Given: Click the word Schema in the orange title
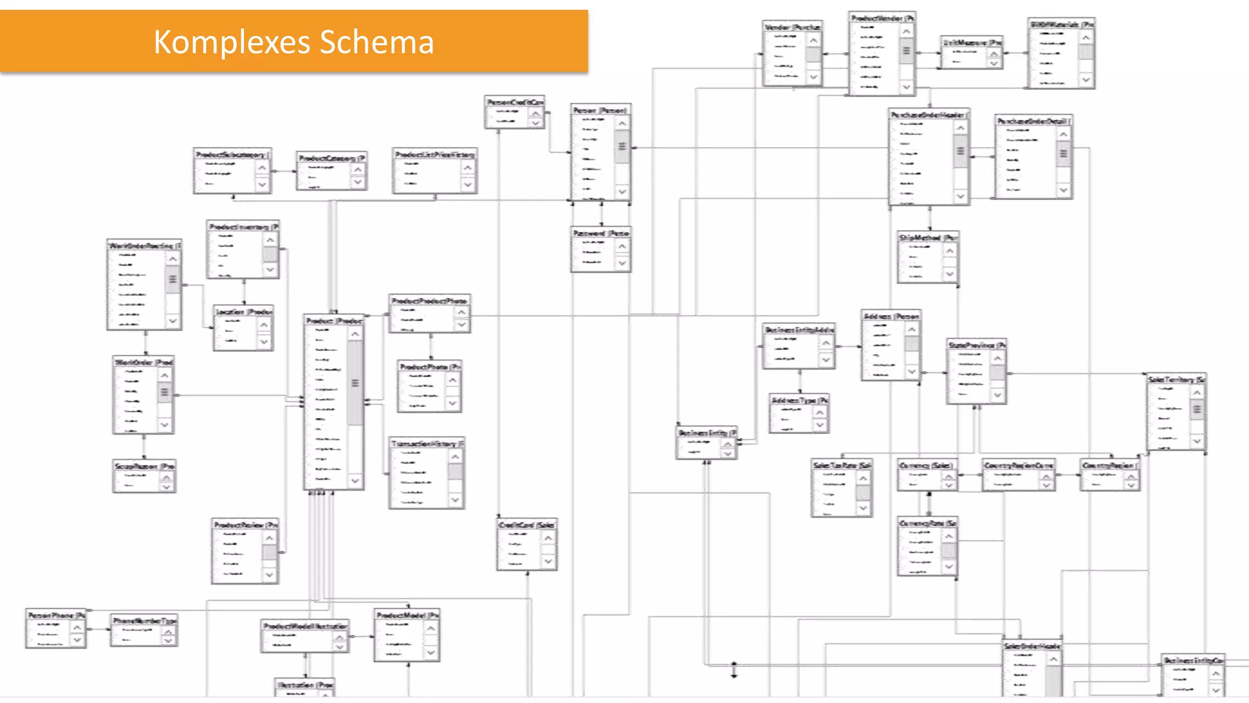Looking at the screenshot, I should [376, 42].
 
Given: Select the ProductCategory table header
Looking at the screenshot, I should [331, 158].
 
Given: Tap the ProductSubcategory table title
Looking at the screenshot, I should [232, 155].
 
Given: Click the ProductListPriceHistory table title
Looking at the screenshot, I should [434, 155].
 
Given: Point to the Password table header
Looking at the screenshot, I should [600, 233].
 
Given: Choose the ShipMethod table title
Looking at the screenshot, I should [928, 237].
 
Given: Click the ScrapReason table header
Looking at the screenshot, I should [144, 466].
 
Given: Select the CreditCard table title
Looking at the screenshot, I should [526, 525].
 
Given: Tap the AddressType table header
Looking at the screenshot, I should [799, 400].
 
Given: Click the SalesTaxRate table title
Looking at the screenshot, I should [842, 466].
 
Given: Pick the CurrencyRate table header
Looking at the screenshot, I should [927, 524].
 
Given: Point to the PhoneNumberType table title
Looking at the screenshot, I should [144, 621].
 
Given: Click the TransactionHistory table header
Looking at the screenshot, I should [427, 444].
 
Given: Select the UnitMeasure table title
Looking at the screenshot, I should [972, 43].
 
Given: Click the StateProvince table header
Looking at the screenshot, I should [976, 345].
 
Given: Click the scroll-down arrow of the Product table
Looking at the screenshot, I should [356, 481].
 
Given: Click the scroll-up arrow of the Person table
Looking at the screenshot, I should [621, 124].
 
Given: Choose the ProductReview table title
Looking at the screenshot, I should [245, 525].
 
